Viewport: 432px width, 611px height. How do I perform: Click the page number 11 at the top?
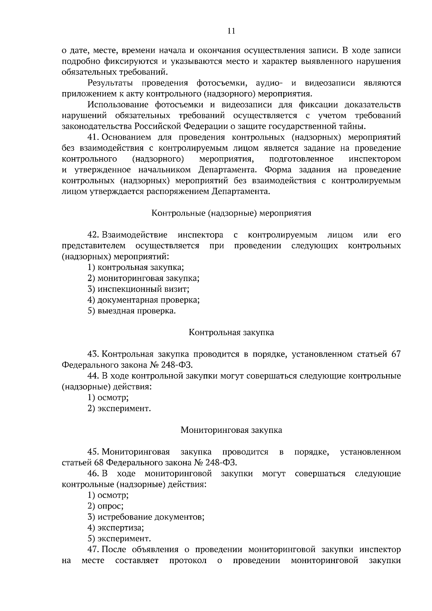[231, 31]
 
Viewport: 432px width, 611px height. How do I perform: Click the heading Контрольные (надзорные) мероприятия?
[231, 213]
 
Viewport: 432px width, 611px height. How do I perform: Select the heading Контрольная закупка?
[231, 332]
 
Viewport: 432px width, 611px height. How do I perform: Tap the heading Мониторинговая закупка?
[231, 430]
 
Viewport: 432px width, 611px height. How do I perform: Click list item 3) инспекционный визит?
[138, 289]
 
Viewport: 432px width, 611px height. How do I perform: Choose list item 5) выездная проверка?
[132, 311]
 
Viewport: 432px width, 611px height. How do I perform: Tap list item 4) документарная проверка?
[144, 300]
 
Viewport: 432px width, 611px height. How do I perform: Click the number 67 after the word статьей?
[396, 354]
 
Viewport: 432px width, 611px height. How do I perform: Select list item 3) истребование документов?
[146, 517]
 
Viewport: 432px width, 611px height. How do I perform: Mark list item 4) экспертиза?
[116, 528]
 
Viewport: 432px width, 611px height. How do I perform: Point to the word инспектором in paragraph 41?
[374, 159]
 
